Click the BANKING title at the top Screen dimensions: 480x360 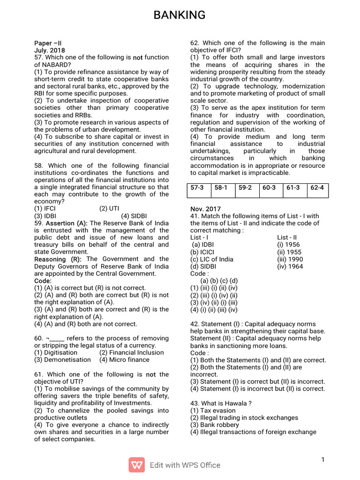pyautogui.click(x=180, y=15)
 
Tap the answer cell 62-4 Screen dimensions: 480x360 pyautogui.click(x=317, y=187)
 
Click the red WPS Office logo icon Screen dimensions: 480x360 pyautogui.click(x=136, y=465)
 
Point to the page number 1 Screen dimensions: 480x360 pyautogui.click(x=323, y=460)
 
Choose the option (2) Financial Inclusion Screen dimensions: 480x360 pyautogui.click(x=131, y=352)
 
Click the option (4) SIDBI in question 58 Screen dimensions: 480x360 pyautogui.click(x=134, y=216)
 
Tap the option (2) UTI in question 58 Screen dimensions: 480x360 pyautogui.click(x=110, y=209)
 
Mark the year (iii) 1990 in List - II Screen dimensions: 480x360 pyautogui.click(x=290, y=259)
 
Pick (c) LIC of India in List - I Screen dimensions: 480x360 pyautogui.click(x=211, y=259)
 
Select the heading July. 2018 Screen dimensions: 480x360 pyautogui.click(x=50, y=50)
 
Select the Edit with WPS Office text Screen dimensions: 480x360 pyautogui.click(x=185, y=465)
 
